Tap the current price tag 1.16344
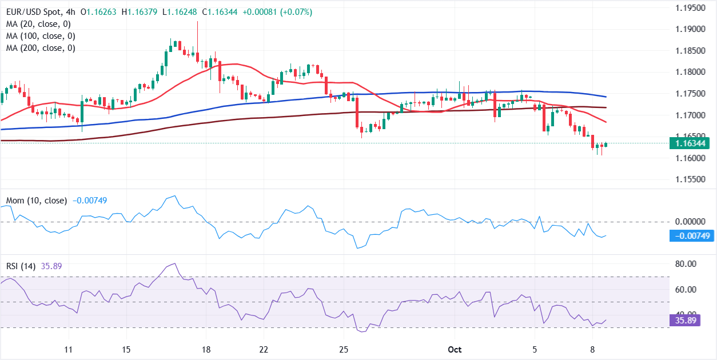coord(691,143)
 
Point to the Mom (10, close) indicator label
coord(37,201)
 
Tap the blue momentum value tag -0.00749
coord(692,236)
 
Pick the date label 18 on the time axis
coord(206,349)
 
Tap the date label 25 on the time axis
coord(344,349)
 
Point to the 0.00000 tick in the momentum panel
coord(691,221)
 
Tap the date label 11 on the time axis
coord(69,349)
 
